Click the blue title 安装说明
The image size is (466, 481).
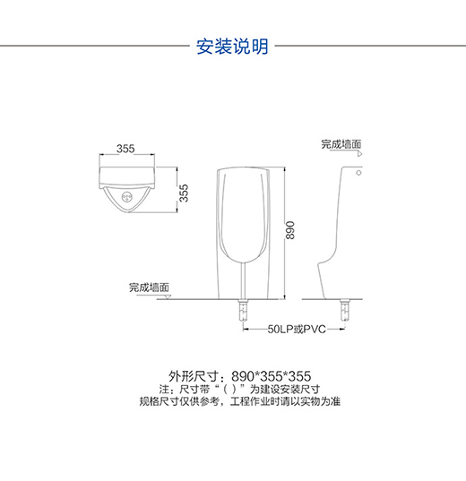pos(232,47)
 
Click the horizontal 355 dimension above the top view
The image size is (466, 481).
pos(125,149)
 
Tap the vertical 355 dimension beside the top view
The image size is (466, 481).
pos(184,193)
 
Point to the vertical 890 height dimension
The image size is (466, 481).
pos(289,230)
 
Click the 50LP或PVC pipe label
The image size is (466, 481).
pos(297,329)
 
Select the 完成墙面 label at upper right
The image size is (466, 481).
pos(341,144)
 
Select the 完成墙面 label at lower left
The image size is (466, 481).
pos(149,288)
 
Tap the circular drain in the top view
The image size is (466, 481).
pos(126,197)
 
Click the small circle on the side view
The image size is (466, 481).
pos(358,173)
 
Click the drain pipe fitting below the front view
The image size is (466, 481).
pos(243,311)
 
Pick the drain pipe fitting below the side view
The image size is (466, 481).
pos(344,311)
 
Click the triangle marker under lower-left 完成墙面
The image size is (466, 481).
pos(168,297)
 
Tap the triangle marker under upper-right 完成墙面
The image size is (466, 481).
pos(359,154)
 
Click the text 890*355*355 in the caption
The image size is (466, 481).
pos(272,376)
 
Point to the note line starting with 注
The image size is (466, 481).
pos(239,390)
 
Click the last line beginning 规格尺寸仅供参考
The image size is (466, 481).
pos(240,401)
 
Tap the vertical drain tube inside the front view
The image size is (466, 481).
pos(244,280)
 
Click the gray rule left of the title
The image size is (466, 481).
pos(95,46)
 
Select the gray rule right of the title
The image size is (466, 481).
pos(370,46)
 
